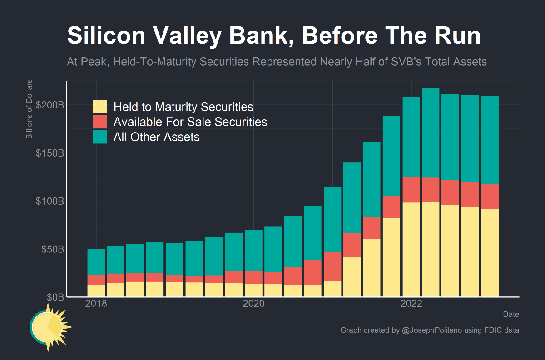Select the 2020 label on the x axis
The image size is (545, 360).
(254, 303)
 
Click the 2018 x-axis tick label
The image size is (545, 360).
(96, 303)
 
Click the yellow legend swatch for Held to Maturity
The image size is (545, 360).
(100, 107)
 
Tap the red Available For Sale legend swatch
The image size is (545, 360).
(100, 122)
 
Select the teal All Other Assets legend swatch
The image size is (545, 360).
(100, 137)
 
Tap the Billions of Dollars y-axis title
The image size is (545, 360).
(29, 109)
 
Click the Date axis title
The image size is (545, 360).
(511, 314)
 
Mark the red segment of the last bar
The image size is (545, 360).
(490, 197)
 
